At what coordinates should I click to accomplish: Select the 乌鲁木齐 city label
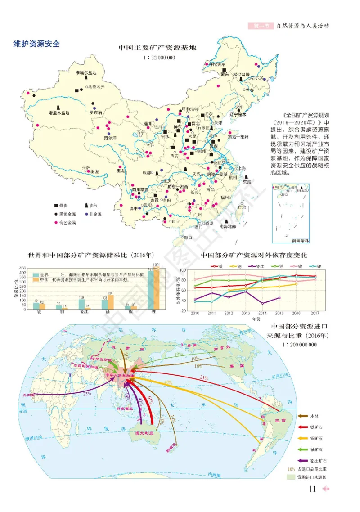click(96, 86)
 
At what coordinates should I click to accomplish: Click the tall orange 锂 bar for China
click(157, 288)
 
